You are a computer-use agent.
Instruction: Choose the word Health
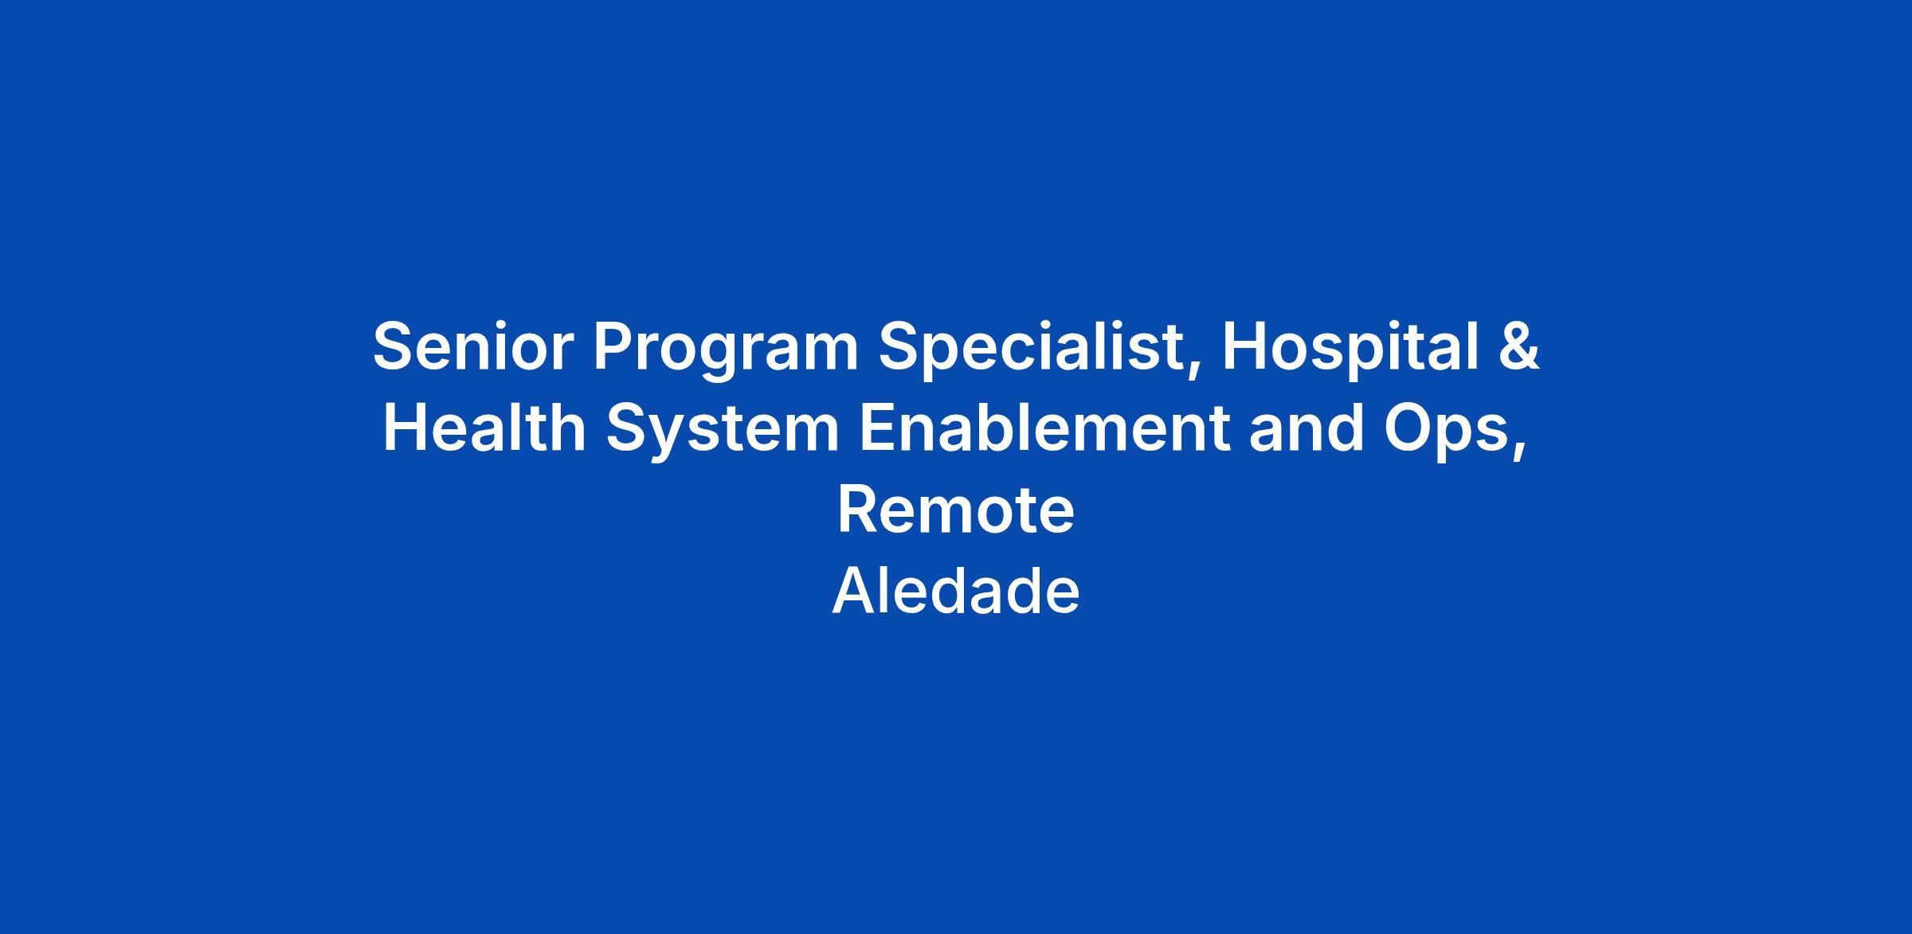point(484,428)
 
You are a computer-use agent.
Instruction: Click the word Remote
point(956,510)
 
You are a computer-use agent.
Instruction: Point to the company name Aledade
point(956,591)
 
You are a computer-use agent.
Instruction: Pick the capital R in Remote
point(858,510)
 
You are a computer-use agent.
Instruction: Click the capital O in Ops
point(1409,428)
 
